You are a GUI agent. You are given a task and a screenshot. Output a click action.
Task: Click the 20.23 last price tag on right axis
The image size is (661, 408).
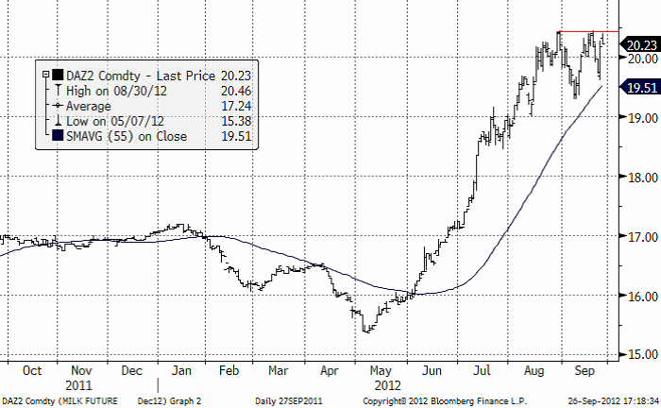click(641, 45)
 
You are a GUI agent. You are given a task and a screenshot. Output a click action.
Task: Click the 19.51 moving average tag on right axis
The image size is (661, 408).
click(641, 88)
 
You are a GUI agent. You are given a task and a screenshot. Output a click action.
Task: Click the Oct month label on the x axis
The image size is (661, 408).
click(32, 371)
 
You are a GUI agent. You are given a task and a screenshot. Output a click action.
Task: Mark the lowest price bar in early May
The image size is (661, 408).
click(366, 330)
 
